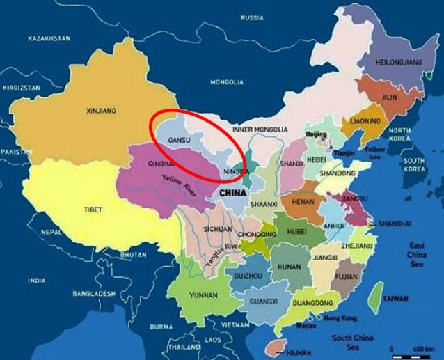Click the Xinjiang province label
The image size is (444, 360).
pyautogui.click(x=101, y=111)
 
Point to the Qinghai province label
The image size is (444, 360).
pyautogui.click(x=159, y=166)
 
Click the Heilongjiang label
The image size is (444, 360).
pyautogui.click(x=399, y=62)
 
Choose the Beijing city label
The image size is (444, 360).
pyautogui.click(x=316, y=134)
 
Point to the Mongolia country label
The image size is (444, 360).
pyautogui.click(x=227, y=82)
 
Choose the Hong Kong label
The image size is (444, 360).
pyautogui.click(x=340, y=318)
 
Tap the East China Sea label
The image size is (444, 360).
pyautogui.click(x=417, y=255)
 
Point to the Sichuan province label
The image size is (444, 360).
pyautogui.click(x=219, y=228)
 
